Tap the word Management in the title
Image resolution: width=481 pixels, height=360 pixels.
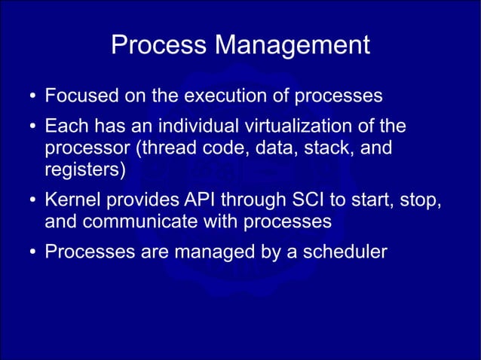click(293, 46)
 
